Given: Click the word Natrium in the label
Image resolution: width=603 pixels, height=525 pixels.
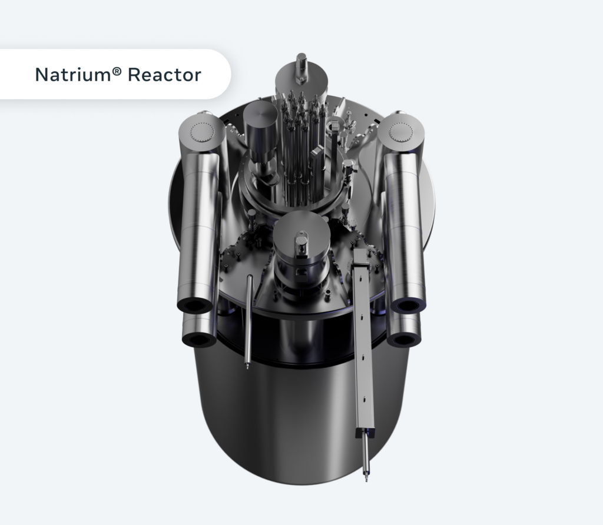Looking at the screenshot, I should coord(72,75).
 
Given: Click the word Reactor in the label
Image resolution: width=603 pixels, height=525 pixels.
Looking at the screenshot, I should coord(165,75).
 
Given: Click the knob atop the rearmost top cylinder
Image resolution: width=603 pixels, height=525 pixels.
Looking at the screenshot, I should coord(301,61).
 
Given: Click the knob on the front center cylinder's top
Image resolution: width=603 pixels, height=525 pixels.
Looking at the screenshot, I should coord(301,241).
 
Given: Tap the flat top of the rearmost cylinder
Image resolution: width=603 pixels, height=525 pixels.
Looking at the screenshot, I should coord(301,77).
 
